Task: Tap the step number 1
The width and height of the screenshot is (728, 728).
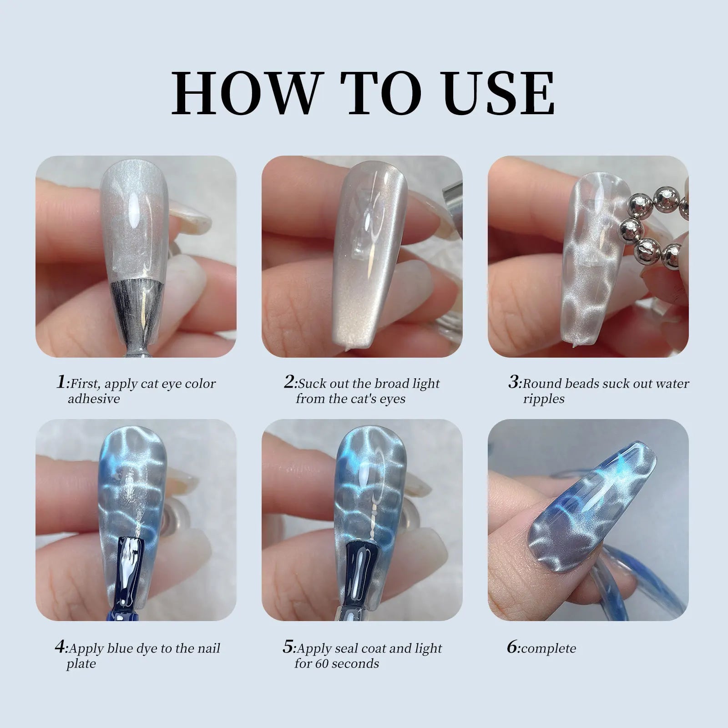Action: point(61,382)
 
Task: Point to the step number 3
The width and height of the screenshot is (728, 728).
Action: point(514,382)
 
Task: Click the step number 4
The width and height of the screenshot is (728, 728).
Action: point(61,647)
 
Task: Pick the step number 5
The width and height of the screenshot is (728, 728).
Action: point(288,647)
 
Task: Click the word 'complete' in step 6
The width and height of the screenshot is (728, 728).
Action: point(549,648)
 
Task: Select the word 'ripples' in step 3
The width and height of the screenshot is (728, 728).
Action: point(544,399)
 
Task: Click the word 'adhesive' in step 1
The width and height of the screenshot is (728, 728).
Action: point(94,399)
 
